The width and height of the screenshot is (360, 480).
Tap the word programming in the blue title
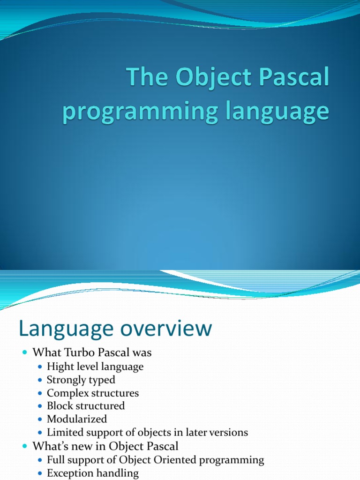pos(140,112)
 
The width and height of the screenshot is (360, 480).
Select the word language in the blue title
pos(277,112)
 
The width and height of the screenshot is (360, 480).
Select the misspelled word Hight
pos(60,367)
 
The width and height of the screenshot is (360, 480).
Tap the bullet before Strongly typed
pos(40,380)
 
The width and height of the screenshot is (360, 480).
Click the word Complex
pos(67,393)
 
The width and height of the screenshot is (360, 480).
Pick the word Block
pos(60,406)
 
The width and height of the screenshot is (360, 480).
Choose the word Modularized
pos(77,419)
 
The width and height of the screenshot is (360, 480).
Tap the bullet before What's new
pos(25,446)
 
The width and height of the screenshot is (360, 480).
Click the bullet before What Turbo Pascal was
pos(25,352)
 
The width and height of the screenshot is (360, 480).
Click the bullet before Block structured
pos(40,406)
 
